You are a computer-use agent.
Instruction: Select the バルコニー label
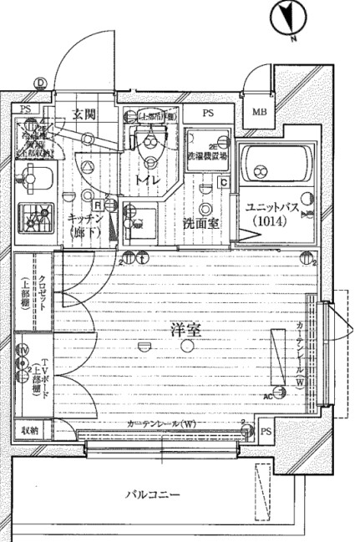click(x=152, y=496)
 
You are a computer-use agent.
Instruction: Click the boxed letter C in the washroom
click(x=223, y=182)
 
